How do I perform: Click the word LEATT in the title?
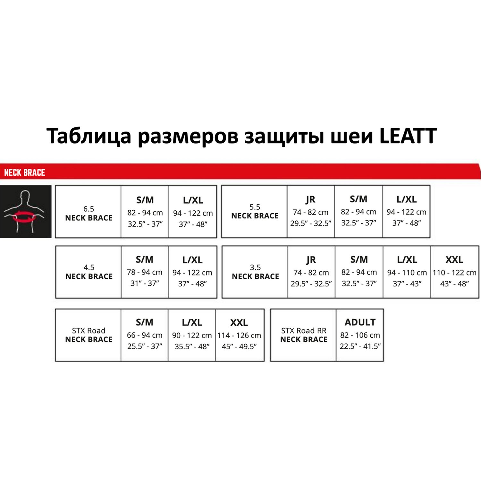coord(408,136)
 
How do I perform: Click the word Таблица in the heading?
coord(89,136)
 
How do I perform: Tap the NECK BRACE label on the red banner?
coord(25,173)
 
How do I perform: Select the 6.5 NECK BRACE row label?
coord(89,214)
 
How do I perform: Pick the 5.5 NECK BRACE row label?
coord(255,212)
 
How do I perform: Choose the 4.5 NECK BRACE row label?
coord(89,272)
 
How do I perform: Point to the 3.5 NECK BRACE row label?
coord(255,272)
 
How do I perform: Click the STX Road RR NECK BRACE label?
coord(304,335)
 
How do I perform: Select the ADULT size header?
coord(360,322)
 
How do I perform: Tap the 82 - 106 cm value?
coord(360,335)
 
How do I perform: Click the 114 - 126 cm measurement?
coord(239,335)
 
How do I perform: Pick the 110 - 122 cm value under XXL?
coord(454,273)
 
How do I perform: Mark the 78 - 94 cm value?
coord(145,272)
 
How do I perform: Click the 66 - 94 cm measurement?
coord(145,335)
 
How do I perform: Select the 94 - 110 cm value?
coord(407,273)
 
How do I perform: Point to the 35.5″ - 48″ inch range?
coord(192,347)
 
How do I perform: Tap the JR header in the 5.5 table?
coord(310,199)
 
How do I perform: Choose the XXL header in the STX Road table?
coord(239,322)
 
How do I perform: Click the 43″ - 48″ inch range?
coord(454,284)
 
